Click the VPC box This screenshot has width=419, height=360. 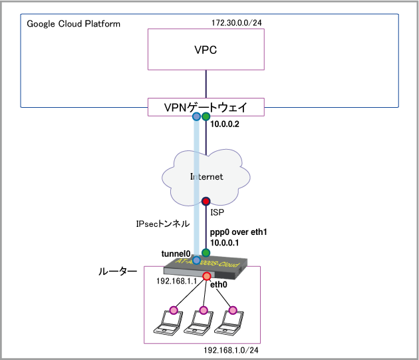[206, 51]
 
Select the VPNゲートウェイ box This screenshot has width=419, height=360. [206, 106]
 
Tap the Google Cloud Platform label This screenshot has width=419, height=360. [74, 24]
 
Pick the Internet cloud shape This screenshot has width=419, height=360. [206, 176]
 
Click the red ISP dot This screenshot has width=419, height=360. [206, 201]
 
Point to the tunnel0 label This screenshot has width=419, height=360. [176, 254]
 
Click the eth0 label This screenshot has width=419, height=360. [219, 285]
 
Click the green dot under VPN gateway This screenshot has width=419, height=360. [206, 117]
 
